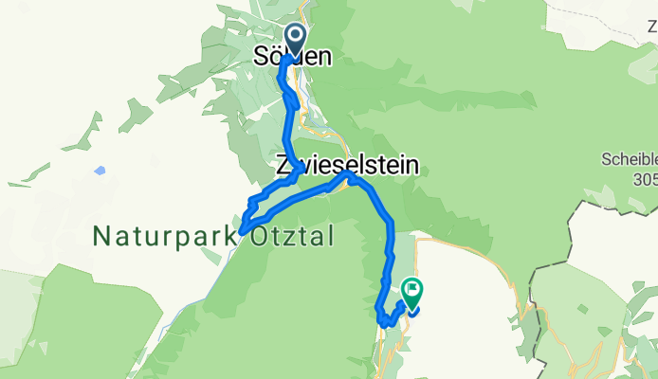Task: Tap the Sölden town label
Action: tap(294, 58)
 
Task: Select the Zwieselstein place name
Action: tap(346, 165)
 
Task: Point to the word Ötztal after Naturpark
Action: tap(283, 239)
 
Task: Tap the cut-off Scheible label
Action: tap(630, 159)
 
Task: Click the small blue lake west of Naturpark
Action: tap(100, 171)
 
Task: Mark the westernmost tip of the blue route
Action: tap(241, 230)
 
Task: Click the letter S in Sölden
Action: tap(263, 58)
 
